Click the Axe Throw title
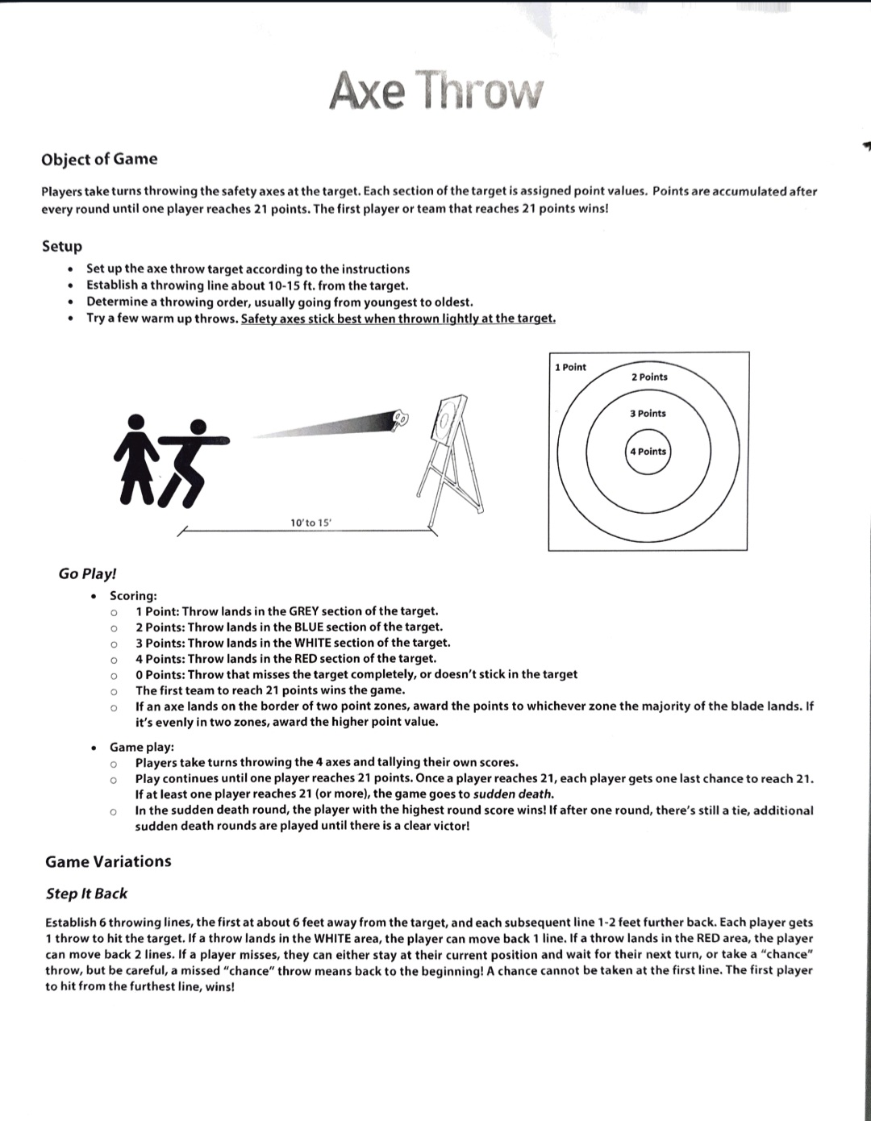[x=436, y=90]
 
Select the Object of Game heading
[x=99, y=159]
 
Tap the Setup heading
[x=62, y=246]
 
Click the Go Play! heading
[x=87, y=573]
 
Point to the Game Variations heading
[x=108, y=861]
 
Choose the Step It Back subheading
[x=86, y=894]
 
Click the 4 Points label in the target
[x=648, y=452]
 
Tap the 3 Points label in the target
[x=648, y=414]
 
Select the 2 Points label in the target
[x=649, y=377]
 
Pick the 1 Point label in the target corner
[x=570, y=368]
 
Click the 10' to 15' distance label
[x=310, y=523]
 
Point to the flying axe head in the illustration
[x=400, y=418]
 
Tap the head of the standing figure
[x=138, y=421]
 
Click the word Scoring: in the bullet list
[x=133, y=596]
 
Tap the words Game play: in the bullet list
[x=142, y=747]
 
